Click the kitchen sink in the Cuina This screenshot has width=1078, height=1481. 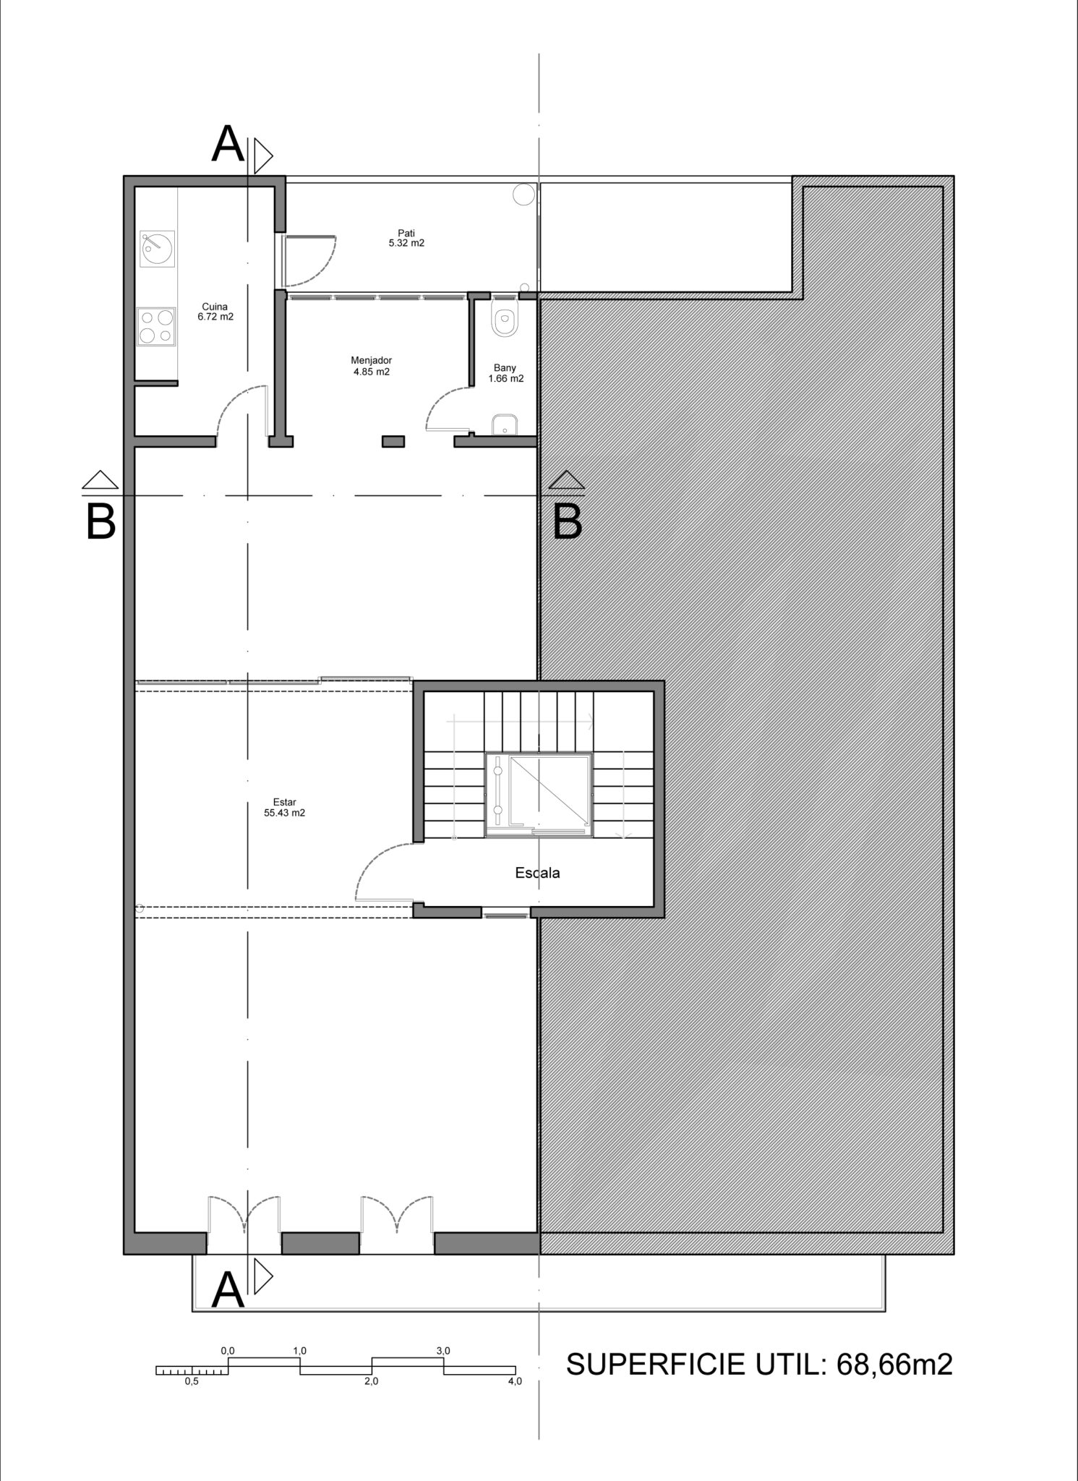157,249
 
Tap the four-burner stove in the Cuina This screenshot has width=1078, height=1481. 156,326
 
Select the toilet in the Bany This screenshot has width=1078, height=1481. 505,318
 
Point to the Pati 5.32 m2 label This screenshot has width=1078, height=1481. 406,238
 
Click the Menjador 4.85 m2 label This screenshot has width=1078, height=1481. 371,366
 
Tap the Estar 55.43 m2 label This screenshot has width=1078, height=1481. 284,807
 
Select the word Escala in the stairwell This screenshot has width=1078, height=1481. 537,873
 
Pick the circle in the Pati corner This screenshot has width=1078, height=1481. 524,194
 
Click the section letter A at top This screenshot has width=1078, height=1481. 228,144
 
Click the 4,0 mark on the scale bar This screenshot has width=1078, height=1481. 514,1381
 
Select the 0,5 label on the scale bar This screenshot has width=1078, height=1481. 192,1381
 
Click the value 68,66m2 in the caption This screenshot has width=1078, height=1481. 894,1364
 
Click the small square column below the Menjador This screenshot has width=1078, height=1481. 393,441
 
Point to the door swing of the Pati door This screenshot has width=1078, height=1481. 317,260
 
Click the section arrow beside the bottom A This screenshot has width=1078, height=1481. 262,1279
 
